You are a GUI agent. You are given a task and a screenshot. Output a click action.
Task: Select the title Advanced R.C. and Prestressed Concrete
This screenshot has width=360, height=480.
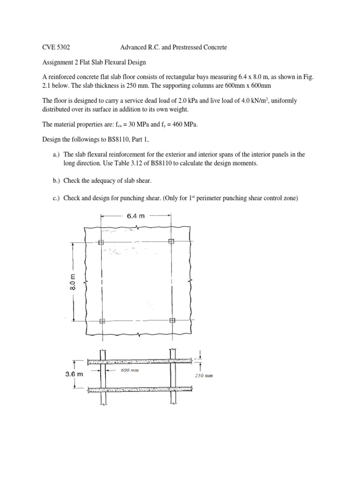(174, 48)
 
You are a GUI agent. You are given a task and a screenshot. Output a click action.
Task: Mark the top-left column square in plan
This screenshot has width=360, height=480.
(101, 242)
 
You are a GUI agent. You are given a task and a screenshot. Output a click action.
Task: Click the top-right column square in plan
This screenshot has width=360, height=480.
(171, 241)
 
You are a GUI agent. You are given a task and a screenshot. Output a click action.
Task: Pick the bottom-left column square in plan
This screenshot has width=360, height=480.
(102, 321)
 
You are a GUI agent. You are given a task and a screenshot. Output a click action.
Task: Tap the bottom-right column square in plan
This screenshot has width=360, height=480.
(172, 321)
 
